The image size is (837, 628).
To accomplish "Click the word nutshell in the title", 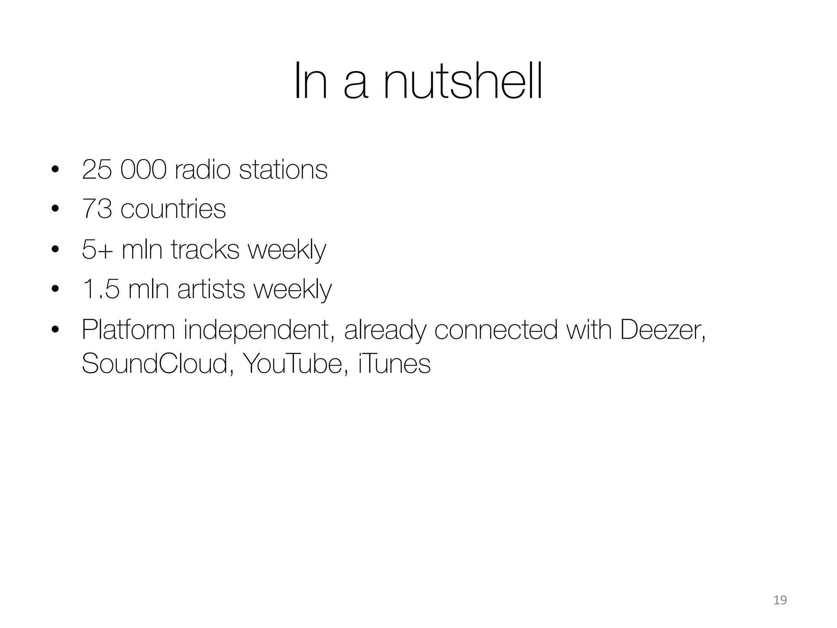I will [463, 81].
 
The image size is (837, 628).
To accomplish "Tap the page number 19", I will [780, 601].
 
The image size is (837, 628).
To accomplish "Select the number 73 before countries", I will [97, 209].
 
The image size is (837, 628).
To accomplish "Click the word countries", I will [173, 209].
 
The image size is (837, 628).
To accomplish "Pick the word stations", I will [283, 170].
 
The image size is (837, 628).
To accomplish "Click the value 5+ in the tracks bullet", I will [97, 249].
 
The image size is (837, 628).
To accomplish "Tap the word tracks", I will [205, 249].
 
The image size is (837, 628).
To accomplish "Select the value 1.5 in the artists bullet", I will [101, 289].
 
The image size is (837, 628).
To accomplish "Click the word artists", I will [211, 289].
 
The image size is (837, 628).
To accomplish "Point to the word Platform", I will [128, 330].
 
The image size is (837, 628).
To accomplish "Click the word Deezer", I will [662, 330].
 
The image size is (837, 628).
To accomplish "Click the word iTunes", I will [394, 363].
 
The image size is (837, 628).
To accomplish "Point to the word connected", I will [496, 330].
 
